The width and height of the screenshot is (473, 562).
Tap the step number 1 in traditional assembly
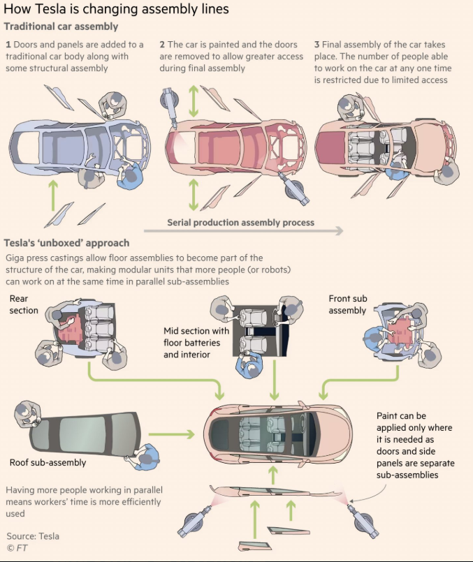point(8,45)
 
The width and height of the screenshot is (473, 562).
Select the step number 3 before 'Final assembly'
point(316,45)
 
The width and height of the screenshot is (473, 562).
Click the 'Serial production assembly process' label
point(240,223)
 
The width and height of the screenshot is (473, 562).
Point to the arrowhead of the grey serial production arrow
point(340,230)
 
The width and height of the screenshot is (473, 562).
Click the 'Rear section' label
point(24,304)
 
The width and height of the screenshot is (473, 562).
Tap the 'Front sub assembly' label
point(348,304)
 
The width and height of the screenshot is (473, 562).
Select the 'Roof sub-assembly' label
point(48,462)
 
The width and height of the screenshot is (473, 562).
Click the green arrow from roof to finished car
point(171,434)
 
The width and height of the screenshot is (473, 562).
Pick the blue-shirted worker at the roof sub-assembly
point(144,457)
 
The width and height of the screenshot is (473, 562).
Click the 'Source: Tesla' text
point(33,536)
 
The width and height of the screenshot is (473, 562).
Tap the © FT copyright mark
point(17,548)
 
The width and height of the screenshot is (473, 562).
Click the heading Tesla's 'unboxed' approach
point(66,243)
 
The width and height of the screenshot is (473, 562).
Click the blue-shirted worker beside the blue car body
point(130,175)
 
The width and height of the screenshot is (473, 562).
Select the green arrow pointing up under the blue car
point(53,195)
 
